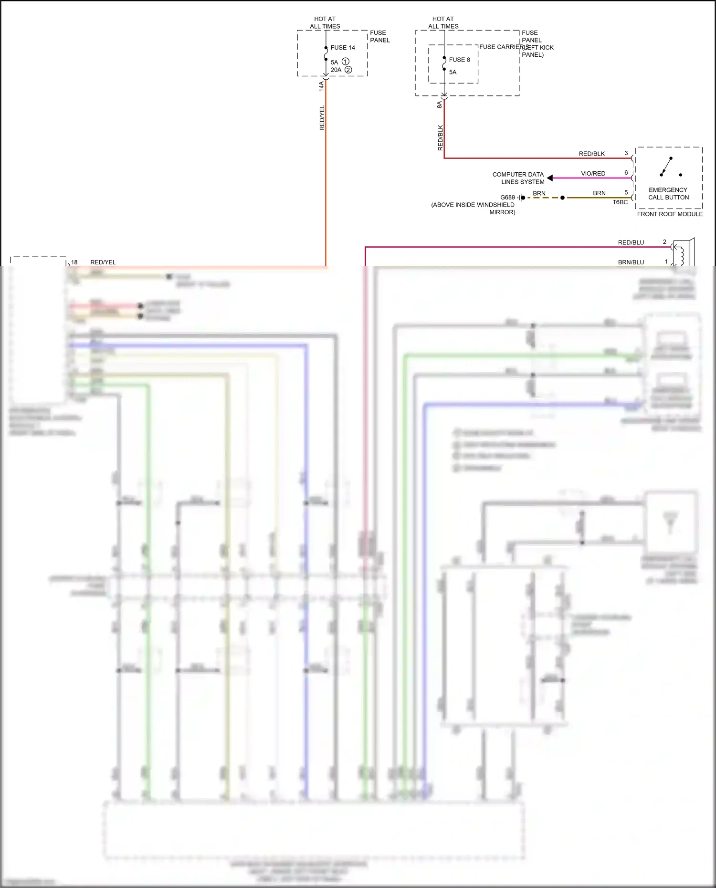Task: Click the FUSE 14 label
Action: [343, 48]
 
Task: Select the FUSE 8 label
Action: [459, 60]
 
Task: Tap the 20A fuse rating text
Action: [336, 70]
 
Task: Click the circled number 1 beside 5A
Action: [346, 62]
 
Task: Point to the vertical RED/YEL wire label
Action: [322, 118]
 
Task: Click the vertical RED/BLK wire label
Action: [440, 138]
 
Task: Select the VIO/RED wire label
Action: [593, 174]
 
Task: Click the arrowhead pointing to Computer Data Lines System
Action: [550, 178]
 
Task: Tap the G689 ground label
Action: [507, 198]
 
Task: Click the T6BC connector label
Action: [620, 202]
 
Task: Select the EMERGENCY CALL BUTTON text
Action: [668, 194]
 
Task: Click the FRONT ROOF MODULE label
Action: [670, 214]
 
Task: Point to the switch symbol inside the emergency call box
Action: [667, 167]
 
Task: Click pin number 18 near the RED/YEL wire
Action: [74, 262]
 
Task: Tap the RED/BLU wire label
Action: [631, 242]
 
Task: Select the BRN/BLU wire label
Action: [631, 262]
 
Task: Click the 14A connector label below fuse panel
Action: [321, 86]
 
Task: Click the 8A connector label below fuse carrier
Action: [439, 104]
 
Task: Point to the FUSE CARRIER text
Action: [500, 47]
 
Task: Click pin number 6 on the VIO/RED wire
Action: [626, 173]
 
